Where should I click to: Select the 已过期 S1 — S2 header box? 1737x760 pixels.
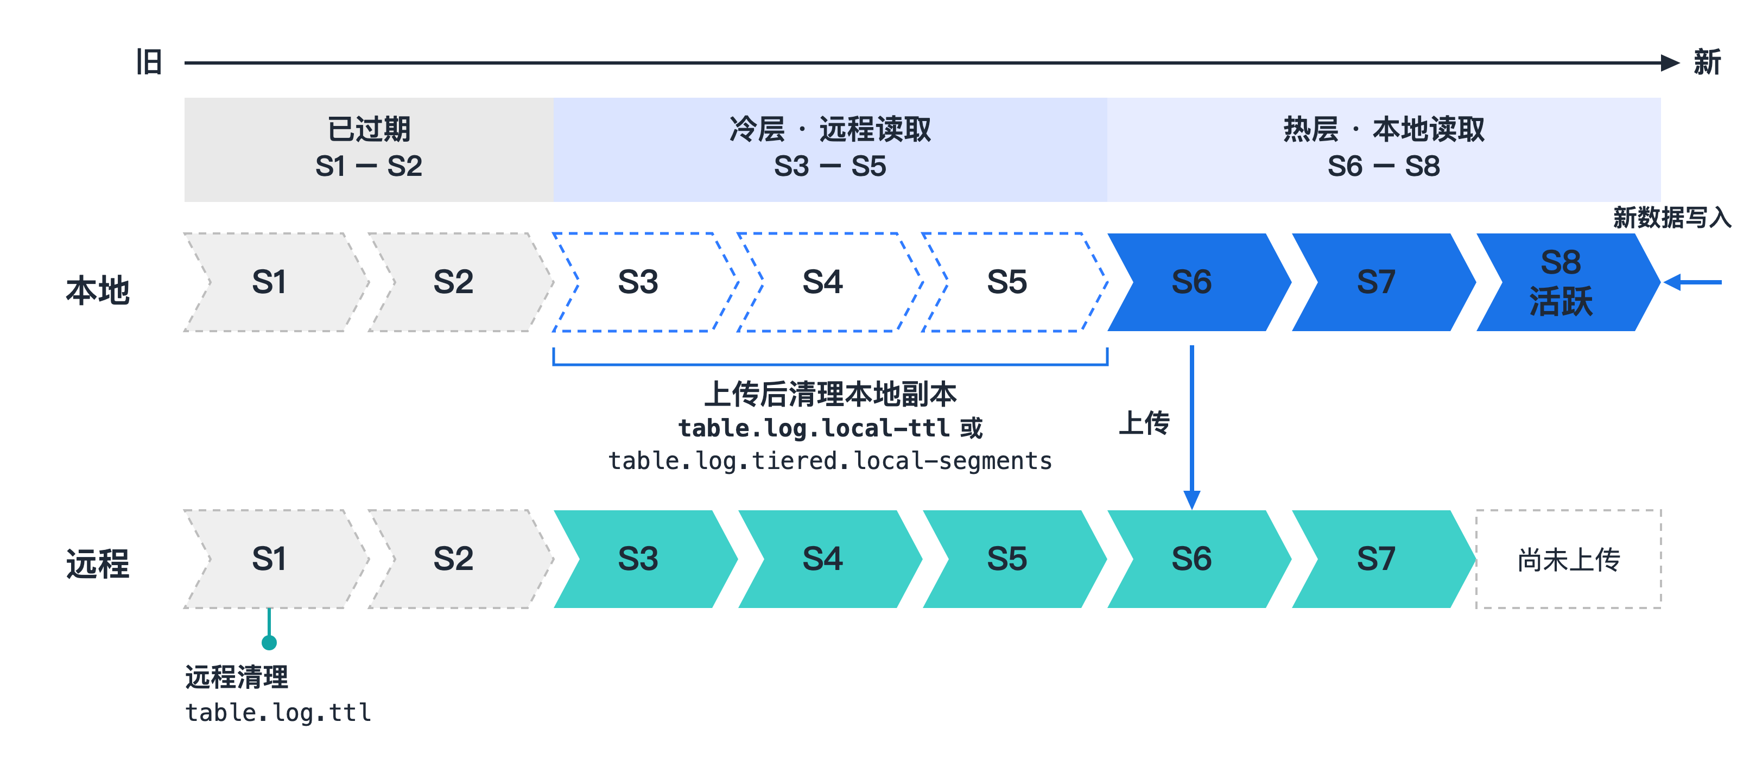[x=369, y=149]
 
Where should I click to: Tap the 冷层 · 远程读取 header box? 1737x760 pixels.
[x=830, y=149]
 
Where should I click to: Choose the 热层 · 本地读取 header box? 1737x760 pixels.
[x=1384, y=149]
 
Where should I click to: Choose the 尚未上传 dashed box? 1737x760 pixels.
[x=1568, y=559]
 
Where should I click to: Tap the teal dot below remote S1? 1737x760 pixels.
[x=269, y=643]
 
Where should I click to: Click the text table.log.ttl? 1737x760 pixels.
[x=278, y=712]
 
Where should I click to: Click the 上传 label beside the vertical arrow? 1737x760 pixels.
[x=1144, y=423]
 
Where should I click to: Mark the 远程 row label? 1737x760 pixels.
[x=98, y=564]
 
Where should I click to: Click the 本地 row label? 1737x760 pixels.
[x=98, y=290]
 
